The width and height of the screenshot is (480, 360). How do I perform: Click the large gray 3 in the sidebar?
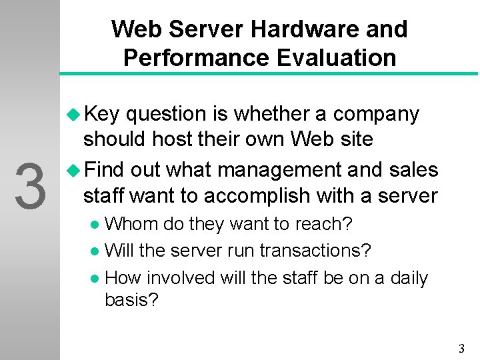coord(30,186)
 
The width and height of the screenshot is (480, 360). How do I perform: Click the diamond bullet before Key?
coord(73,115)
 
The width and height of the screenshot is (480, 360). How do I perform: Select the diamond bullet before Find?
coord(73,170)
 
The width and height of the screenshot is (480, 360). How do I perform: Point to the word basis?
coord(132,300)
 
